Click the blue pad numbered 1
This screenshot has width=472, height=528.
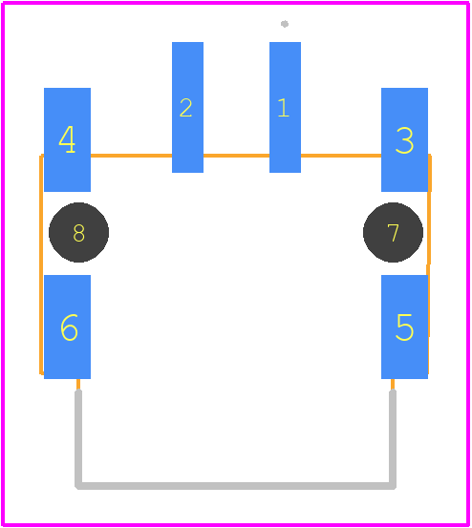[x=285, y=107]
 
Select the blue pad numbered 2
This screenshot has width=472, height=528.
[x=187, y=107]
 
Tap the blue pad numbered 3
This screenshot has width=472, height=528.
[x=404, y=139]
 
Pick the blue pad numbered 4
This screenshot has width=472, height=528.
[x=68, y=139]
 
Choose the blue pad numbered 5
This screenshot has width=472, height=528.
[x=404, y=327]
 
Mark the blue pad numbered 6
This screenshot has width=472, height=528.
[x=68, y=327]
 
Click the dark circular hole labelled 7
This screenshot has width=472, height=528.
[x=393, y=232]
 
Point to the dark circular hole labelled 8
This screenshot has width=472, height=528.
[x=79, y=232]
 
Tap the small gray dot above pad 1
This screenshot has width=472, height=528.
[x=285, y=24]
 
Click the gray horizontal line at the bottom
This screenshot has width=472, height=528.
[x=235, y=486]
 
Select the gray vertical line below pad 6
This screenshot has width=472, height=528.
[x=78, y=437]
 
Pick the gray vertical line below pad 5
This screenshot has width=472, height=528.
[x=393, y=437]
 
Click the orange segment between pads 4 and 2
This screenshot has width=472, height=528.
[x=132, y=156]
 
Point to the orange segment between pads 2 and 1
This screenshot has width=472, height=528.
[x=237, y=156]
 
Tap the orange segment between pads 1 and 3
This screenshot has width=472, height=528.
[x=341, y=156]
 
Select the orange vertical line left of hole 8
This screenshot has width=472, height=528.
[x=41, y=264]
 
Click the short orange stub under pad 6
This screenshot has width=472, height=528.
[x=78, y=384]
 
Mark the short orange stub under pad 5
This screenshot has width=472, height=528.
[x=393, y=384]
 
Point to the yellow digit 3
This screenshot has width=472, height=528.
[x=404, y=140]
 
